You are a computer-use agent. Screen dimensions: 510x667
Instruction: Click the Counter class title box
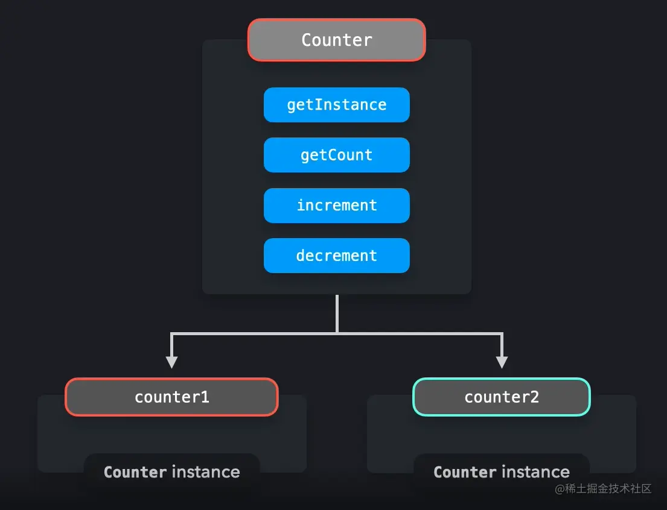click(336, 40)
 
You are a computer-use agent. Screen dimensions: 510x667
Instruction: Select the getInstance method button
click(336, 105)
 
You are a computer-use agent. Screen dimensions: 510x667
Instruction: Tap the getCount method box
click(336, 155)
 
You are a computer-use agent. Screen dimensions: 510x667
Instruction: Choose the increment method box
click(336, 206)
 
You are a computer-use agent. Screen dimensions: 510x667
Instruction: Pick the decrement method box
click(336, 256)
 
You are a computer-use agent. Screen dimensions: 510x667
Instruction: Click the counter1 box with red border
click(171, 397)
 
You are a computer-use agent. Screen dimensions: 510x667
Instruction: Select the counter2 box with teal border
click(501, 397)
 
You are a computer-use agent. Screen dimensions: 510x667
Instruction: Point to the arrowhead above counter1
click(171, 362)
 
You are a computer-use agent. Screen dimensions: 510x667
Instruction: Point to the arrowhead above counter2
click(501, 362)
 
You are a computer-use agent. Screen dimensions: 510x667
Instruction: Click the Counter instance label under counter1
click(171, 472)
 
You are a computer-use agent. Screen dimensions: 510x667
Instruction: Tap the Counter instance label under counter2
click(501, 472)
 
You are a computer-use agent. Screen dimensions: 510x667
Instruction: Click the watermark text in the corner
click(603, 489)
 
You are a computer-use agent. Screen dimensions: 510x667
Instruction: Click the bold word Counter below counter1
click(135, 472)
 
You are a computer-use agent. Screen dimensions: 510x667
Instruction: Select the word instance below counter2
click(535, 472)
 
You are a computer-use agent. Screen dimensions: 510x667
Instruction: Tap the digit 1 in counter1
click(205, 397)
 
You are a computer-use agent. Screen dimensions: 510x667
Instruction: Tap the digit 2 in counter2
click(535, 397)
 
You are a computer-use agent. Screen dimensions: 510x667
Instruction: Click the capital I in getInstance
click(318, 105)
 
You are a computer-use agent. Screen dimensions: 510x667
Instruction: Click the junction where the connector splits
click(337, 333)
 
